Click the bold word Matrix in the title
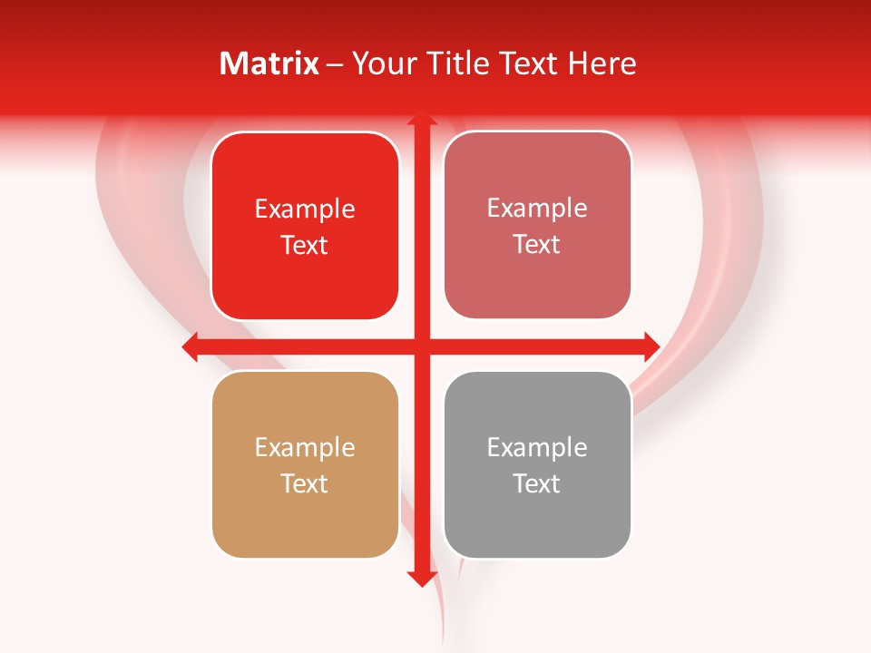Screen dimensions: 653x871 click(x=269, y=63)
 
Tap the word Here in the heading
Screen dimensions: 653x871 click(x=602, y=63)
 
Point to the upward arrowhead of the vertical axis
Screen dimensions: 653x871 click(x=421, y=120)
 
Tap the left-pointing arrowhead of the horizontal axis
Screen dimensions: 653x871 click(x=191, y=346)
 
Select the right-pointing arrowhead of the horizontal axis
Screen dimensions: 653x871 click(x=651, y=346)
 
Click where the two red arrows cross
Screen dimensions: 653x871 click(x=421, y=346)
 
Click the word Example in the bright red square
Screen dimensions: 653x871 click(x=305, y=210)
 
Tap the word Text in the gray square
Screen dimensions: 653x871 click(x=537, y=483)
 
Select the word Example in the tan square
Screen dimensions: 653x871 click(x=305, y=447)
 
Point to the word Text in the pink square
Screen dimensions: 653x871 click(x=537, y=244)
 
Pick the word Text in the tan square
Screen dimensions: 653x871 click(x=305, y=483)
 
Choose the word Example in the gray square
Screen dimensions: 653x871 click(x=537, y=447)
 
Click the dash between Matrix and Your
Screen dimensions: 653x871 click(x=335, y=64)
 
